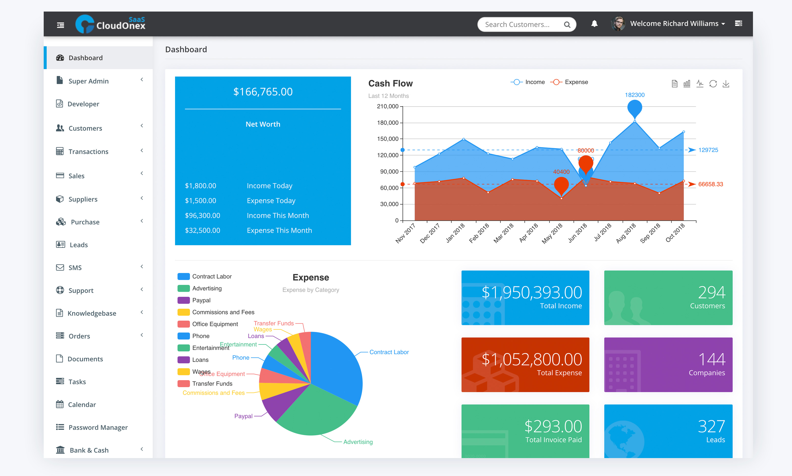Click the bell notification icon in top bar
click(x=594, y=24)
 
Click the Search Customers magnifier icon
click(x=567, y=25)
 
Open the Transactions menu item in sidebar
click(x=88, y=151)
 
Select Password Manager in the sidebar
click(x=98, y=427)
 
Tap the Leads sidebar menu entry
click(x=79, y=245)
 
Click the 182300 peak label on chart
click(x=634, y=95)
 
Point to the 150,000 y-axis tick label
click(x=388, y=139)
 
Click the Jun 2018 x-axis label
click(x=578, y=233)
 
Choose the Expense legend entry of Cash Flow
click(x=576, y=82)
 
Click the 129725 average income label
click(x=708, y=150)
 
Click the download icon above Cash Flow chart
click(x=726, y=84)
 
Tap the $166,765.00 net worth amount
click(x=263, y=92)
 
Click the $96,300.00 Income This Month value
click(x=203, y=216)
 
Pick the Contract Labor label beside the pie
click(x=389, y=352)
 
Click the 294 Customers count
click(x=711, y=292)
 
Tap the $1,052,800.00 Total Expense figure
click(x=532, y=359)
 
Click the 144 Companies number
click(x=711, y=359)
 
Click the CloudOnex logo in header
click(x=110, y=24)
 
